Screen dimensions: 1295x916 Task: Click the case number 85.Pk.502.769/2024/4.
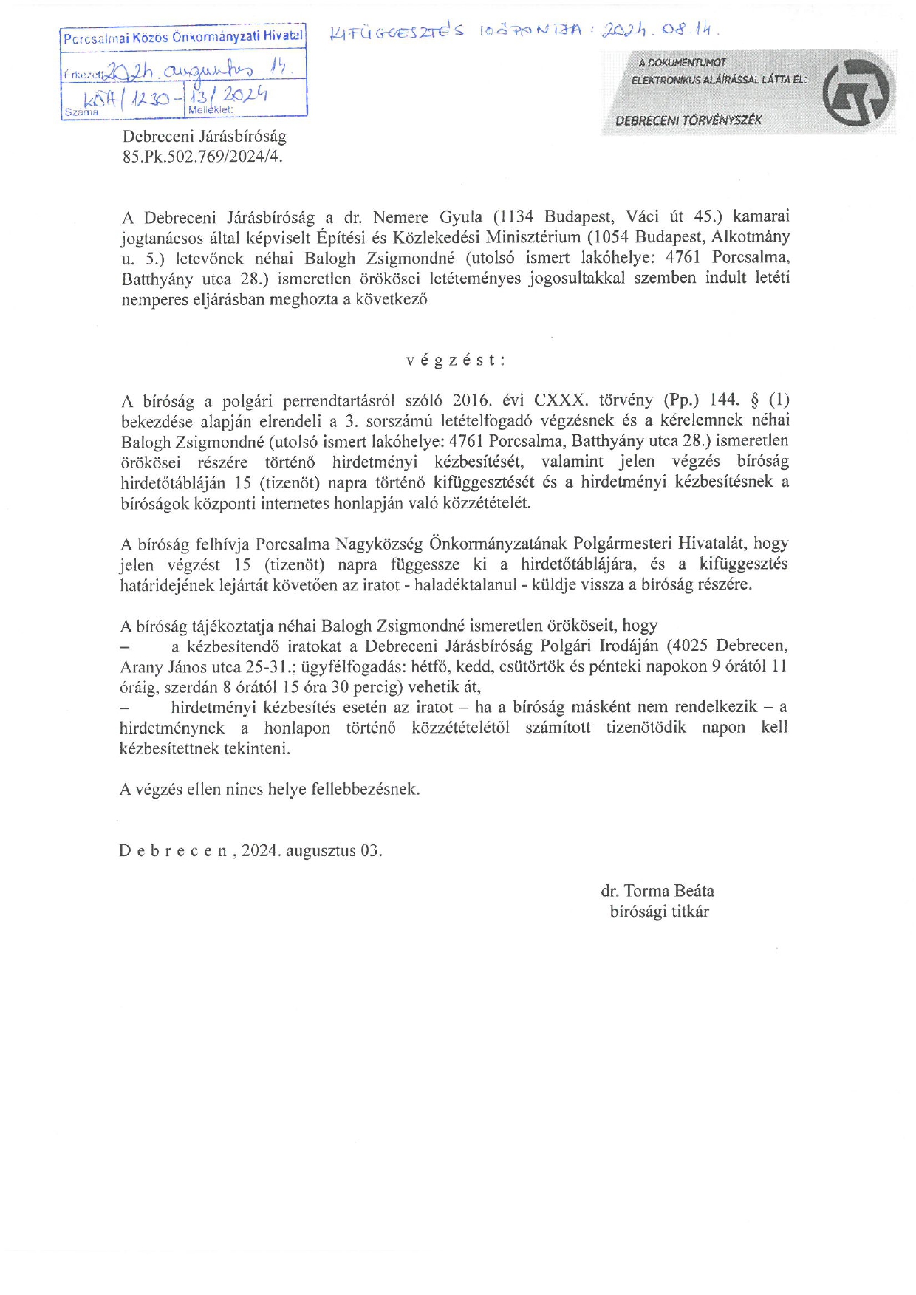(203, 157)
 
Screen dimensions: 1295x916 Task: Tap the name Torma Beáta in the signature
(669, 891)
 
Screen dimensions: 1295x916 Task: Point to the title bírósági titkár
(659, 912)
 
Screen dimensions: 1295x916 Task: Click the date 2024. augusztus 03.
(312, 850)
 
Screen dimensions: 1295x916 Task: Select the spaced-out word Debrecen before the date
(174, 850)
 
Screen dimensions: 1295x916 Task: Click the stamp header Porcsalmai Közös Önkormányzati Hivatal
(183, 37)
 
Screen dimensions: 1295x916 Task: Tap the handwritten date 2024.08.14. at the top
(660, 30)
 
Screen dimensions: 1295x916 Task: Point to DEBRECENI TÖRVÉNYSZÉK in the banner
(688, 120)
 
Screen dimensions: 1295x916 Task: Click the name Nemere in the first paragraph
(400, 217)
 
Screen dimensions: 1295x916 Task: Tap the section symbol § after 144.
(754, 400)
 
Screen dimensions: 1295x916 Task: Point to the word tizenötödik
(646, 728)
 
